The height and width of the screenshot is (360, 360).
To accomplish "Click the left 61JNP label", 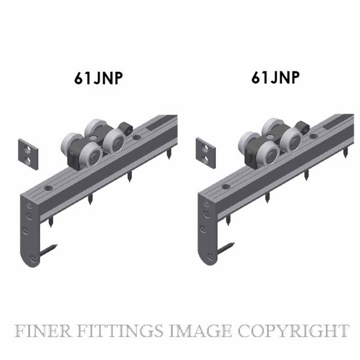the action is tap(98, 79).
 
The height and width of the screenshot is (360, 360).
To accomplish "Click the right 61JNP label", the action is tap(276, 77).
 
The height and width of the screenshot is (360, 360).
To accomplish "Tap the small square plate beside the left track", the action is tap(28, 154).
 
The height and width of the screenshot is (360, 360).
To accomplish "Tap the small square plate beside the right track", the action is tap(206, 153).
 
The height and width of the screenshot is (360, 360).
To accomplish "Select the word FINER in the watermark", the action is tap(43, 331).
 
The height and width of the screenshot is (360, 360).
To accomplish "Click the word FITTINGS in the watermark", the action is tap(120, 331).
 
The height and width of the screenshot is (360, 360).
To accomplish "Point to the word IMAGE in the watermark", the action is tap(200, 331).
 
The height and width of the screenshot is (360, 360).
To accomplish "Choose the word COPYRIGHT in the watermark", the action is tap(293, 331).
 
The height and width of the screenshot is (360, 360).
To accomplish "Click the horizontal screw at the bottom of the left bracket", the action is tap(48, 251).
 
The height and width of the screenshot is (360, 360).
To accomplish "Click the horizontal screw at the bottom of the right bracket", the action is tap(226, 249).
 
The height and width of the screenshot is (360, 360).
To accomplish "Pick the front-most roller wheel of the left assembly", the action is tap(91, 154).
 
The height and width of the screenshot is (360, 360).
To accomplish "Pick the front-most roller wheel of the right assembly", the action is tap(268, 153).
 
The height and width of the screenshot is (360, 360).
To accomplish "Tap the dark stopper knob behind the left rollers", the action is tap(125, 128).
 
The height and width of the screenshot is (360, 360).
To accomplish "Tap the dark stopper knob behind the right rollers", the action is tap(302, 127).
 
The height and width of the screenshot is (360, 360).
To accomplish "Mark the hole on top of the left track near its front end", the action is tap(48, 189).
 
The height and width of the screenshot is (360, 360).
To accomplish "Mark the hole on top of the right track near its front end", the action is tap(226, 187).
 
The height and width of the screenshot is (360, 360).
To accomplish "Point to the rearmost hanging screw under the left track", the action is tap(170, 153).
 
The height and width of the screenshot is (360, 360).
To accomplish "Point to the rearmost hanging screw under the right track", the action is tap(346, 152).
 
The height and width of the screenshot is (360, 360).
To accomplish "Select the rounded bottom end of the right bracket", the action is tap(208, 259).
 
